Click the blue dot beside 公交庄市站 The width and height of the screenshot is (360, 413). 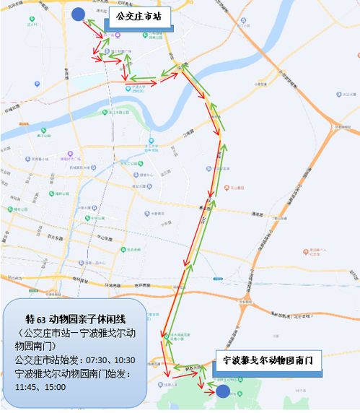point(78,14)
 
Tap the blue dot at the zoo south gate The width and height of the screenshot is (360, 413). point(223,391)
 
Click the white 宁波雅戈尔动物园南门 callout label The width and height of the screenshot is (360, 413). point(268,360)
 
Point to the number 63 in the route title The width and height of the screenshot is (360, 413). point(43,318)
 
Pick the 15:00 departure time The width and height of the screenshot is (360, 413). point(56,387)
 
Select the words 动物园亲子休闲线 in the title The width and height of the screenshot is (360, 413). point(91,318)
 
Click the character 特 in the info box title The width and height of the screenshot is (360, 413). point(30,318)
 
